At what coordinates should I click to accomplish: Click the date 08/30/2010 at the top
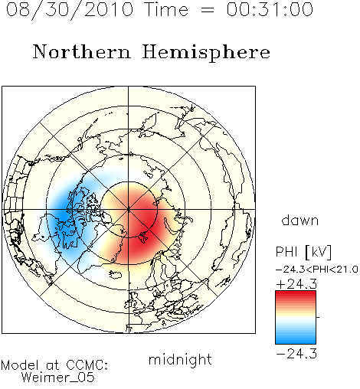click(70, 9)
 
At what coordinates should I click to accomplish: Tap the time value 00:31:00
click(270, 9)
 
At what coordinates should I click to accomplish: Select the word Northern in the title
click(82, 51)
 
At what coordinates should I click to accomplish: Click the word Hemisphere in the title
click(206, 53)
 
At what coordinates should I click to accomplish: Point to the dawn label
click(300, 220)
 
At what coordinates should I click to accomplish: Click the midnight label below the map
click(180, 359)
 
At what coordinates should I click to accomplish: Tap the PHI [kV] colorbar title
click(303, 252)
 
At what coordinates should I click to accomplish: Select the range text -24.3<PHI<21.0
click(316, 270)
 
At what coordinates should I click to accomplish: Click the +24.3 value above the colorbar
click(296, 284)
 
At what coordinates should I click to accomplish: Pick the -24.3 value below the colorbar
click(296, 354)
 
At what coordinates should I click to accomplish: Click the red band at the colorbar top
click(296, 296)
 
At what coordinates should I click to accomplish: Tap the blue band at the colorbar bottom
click(296, 339)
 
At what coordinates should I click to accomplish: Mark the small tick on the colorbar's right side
click(318, 317)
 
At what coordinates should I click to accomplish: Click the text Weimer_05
click(58, 377)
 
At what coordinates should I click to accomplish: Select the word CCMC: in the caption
click(87, 364)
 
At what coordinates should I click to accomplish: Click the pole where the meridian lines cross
click(129, 209)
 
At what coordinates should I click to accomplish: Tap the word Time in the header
click(166, 9)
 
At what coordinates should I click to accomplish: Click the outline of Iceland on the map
click(115, 274)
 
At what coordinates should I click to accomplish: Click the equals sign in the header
click(207, 10)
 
